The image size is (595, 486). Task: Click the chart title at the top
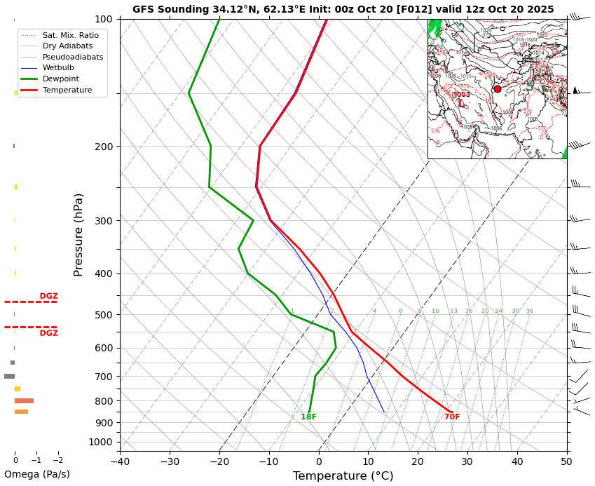point(343,9)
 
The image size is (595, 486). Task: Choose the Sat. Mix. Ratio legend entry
point(70,35)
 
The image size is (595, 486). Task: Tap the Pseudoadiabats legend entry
point(72,57)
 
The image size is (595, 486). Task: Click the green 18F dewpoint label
point(308,417)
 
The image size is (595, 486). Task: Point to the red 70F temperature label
point(452,417)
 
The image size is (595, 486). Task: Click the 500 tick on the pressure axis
point(104,315)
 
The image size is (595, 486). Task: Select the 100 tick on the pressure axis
point(104,19)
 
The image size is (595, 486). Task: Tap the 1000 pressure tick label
point(101,442)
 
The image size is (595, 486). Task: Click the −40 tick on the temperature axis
point(120,461)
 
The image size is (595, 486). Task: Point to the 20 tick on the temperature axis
point(418,461)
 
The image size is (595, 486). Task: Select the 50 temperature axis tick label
point(566,461)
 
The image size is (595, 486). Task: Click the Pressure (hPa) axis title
point(78,234)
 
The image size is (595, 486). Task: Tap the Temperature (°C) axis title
point(343,476)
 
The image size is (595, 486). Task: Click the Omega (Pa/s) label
point(37,474)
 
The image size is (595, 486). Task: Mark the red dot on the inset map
point(498,89)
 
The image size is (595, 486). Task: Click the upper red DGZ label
point(48,297)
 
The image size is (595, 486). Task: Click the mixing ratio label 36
point(529,311)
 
